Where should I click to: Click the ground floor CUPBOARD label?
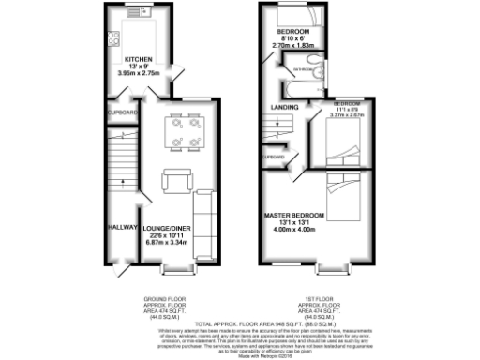tap(123, 113)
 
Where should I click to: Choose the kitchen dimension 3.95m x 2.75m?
tap(140, 72)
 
